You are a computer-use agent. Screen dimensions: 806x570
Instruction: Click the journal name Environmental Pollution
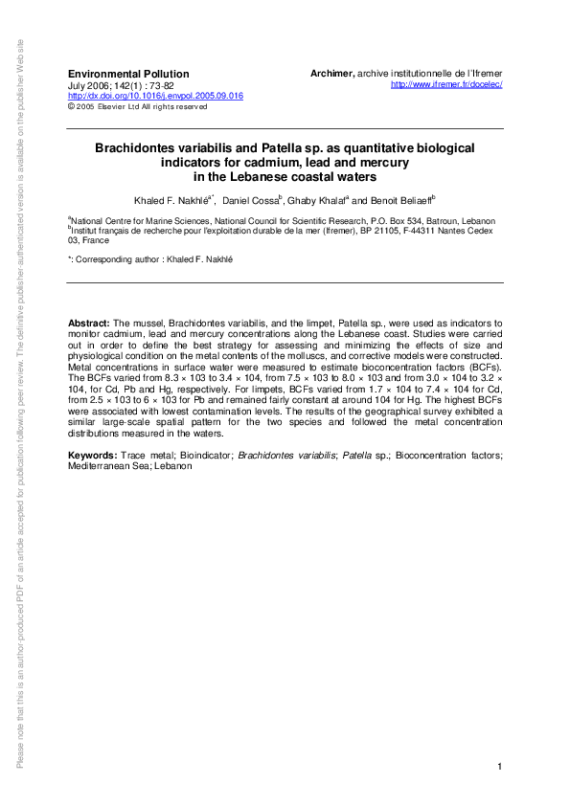pyautogui.click(x=128, y=74)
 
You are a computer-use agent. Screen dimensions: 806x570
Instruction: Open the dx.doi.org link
pyautogui.click(x=155, y=96)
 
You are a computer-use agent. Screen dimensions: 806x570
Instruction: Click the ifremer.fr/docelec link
pyautogui.click(x=447, y=85)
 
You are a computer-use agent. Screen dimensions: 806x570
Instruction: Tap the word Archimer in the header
pyautogui.click(x=331, y=74)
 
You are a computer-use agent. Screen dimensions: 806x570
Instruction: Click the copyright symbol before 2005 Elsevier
pyautogui.click(x=70, y=106)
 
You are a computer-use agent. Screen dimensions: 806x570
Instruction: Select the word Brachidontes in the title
pyautogui.click(x=132, y=149)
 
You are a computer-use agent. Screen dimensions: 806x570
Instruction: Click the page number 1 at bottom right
pyautogui.click(x=500, y=768)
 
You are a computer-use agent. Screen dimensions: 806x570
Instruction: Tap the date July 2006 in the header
pyautogui.click(x=87, y=85)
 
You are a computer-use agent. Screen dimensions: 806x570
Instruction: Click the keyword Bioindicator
pyautogui.click(x=198, y=453)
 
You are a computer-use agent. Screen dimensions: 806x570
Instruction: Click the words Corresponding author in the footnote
pyautogui.click(x=120, y=259)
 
